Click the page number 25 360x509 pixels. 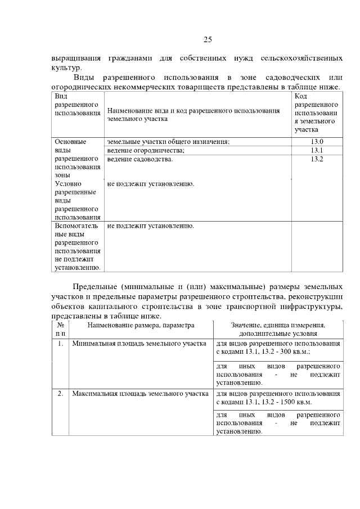tap(207, 39)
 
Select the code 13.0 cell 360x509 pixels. tap(317, 142)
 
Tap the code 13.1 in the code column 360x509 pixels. tap(317, 151)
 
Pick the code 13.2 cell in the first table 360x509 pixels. tap(317, 159)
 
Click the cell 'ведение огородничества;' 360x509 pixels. tap(146, 151)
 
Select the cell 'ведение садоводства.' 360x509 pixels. tap(140, 159)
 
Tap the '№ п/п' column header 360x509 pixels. tap(60, 329)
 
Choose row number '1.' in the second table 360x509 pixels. tap(60, 343)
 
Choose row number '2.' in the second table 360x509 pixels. tap(60, 393)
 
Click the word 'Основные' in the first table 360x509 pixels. tap(70, 142)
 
